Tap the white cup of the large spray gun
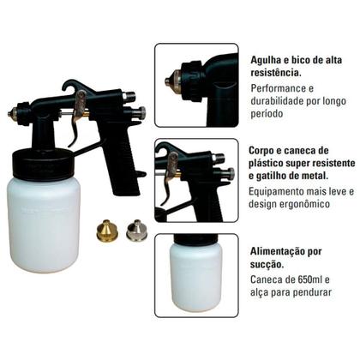[47, 223]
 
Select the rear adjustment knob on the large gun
[140, 112]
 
